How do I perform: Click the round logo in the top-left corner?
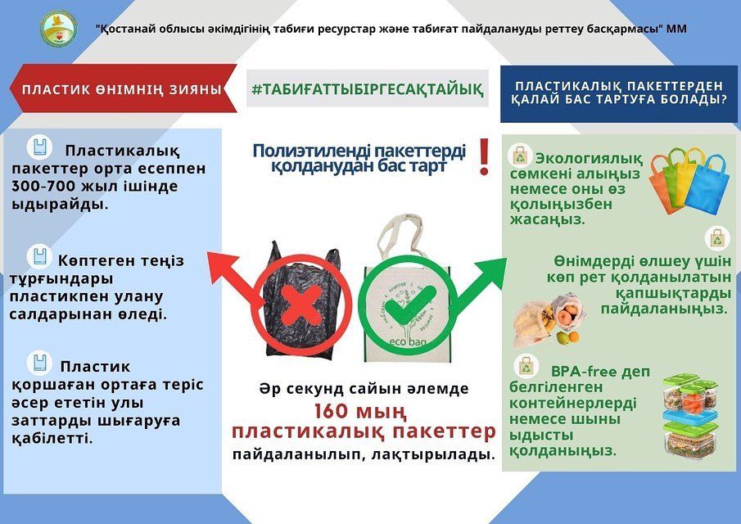click(x=58, y=29)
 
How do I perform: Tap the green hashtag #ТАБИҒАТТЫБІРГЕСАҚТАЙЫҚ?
click(x=367, y=88)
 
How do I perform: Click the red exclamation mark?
click(x=484, y=157)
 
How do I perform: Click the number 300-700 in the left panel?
click(x=43, y=186)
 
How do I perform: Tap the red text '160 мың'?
click(x=360, y=411)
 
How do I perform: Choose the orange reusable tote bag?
click(x=663, y=184)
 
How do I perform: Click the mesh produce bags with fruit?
click(x=549, y=320)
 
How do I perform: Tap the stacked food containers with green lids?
click(x=690, y=416)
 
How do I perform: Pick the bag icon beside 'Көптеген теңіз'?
click(x=39, y=256)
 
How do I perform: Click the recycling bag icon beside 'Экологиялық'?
click(x=520, y=156)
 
